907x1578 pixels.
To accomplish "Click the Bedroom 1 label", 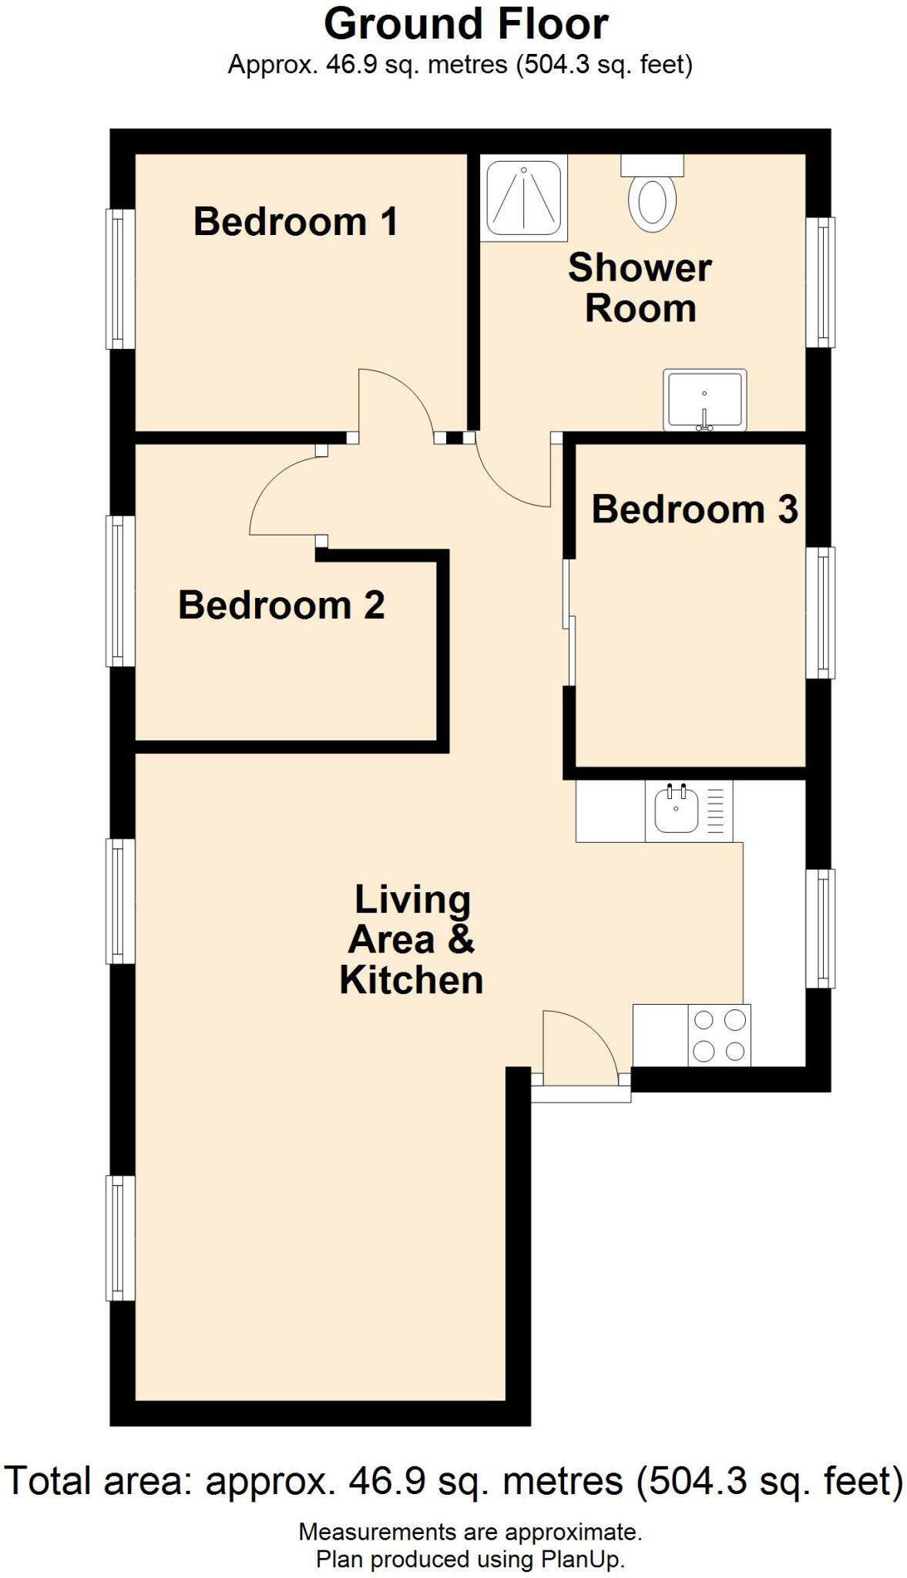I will (x=295, y=222).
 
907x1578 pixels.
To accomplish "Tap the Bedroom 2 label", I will (x=281, y=606).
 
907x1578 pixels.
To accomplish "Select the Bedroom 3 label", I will (x=694, y=509).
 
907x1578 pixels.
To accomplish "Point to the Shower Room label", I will (x=640, y=288).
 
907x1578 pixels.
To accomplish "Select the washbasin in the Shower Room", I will (x=704, y=401).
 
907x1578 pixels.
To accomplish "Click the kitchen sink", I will (x=676, y=810).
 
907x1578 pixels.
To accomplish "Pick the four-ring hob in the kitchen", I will (x=720, y=1036).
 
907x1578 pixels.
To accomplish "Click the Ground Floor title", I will (x=465, y=25).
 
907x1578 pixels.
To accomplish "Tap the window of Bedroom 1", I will (x=119, y=279).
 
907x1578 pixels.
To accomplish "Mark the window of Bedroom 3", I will (x=822, y=613).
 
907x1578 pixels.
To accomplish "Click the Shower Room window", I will (x=822, y=282).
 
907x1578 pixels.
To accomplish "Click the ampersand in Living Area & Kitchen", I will (x=460, y=940).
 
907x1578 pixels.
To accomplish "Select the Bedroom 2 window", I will (x=119, y=591).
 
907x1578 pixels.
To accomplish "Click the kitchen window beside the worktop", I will (x=822, y=928).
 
